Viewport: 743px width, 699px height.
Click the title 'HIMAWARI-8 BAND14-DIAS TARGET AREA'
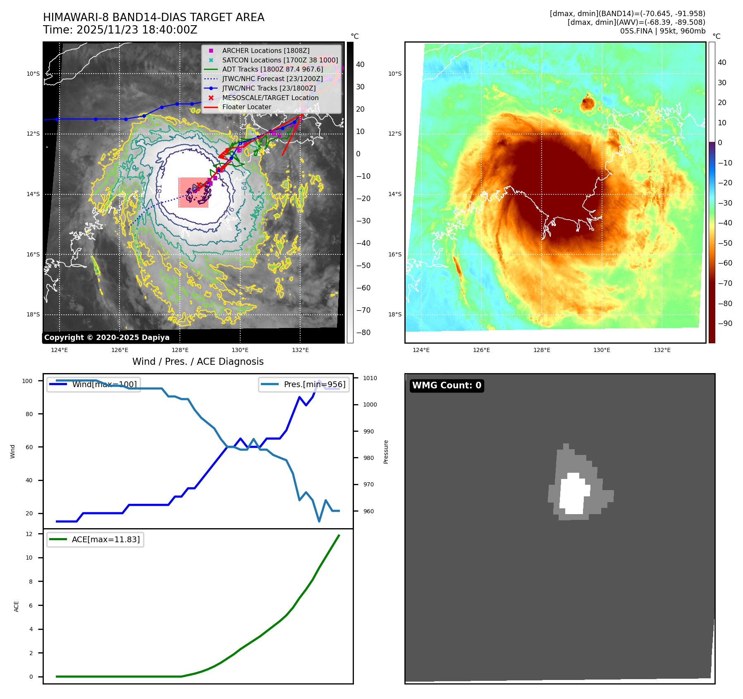[153, 17]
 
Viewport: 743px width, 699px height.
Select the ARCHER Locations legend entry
[265, 50]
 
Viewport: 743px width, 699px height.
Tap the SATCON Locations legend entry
[280, 60]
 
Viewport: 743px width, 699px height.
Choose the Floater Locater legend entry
[246, 107]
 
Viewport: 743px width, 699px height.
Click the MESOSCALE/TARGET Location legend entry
[270, 98]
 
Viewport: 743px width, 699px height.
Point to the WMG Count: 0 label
[447, 385]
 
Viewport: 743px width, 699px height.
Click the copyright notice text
[107, 338]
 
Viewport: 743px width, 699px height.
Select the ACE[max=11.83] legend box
[95, 539]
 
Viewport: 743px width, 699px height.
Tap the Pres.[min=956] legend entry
[304, 384]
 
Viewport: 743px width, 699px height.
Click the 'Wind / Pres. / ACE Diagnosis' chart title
[198, 361]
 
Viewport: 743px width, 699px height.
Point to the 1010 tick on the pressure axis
[370, 378]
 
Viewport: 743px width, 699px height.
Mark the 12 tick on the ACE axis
[29, 534]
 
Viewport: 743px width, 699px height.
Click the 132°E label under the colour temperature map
[662, 350]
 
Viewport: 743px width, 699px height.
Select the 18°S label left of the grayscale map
[33, 314]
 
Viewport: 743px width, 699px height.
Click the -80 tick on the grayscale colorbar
[363, 333]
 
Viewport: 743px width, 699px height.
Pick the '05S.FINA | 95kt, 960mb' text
[662, 31]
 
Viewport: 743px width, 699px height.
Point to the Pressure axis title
[386, 452]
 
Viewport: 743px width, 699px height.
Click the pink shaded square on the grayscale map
[193, 192]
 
